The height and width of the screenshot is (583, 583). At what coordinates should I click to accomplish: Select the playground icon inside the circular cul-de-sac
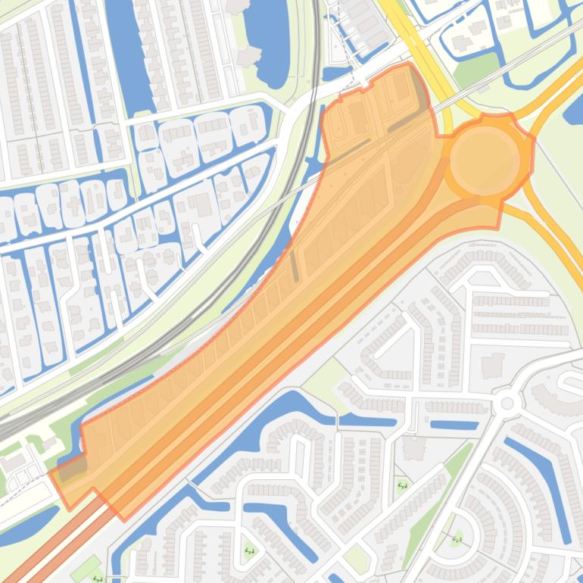coord(457,538)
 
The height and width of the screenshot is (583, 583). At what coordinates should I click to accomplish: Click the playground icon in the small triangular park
coord(402,485)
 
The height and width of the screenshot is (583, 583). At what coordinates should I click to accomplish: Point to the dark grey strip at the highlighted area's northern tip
coord(419,89)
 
